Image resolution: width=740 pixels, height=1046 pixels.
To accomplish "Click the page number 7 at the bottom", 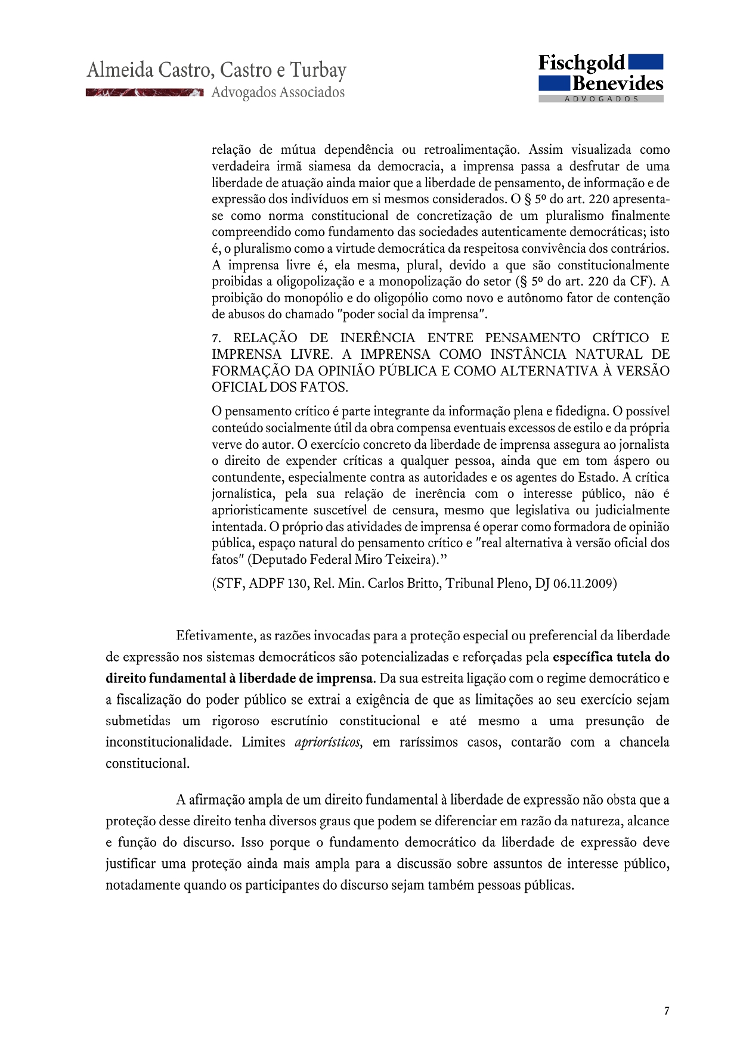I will coord(666,1011).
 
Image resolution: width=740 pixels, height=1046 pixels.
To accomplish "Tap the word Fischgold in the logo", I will coord(581,63).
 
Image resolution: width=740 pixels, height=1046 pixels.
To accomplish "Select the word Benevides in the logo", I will coord(618,83).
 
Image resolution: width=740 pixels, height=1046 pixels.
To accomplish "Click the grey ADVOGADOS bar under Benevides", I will coord(601,99).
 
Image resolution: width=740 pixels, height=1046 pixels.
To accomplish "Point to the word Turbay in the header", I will coord(318,70).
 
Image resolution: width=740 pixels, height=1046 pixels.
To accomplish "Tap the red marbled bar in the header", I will coord(144,92).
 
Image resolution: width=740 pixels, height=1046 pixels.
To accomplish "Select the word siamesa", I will coord(330,166).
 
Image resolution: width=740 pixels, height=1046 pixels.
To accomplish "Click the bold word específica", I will coord(582,657).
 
